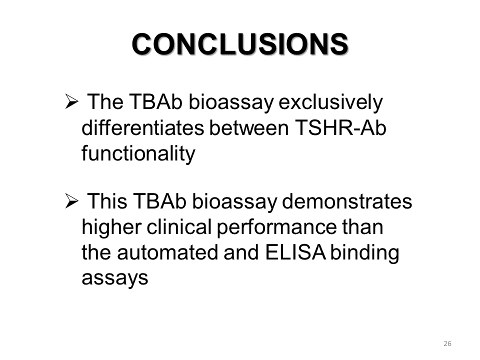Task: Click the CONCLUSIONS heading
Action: point(240,44)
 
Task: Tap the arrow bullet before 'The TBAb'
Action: point(71,102)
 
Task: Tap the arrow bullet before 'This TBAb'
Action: point(71,201)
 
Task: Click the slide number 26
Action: point(447,343)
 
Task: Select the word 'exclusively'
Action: point(330,102)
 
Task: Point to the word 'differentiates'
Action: point(142,127)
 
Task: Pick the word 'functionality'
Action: point(138,154)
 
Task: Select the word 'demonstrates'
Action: point(347,201)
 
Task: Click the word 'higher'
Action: point(111,228)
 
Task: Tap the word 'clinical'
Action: point(179,227)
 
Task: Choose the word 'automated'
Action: point(168,252)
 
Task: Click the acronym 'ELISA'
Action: point(295,252)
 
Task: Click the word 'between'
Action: point(249,127)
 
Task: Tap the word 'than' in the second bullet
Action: point(362,227)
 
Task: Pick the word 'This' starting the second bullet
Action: point(107,201)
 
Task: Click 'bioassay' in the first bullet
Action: point(231,102)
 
